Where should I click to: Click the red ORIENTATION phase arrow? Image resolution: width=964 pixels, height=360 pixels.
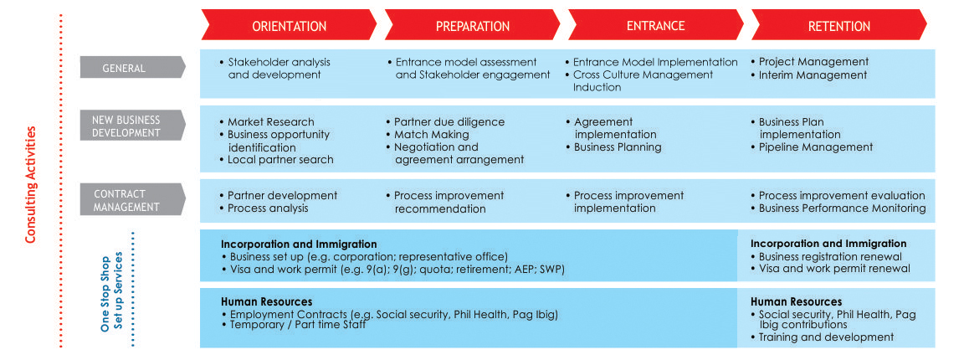289,26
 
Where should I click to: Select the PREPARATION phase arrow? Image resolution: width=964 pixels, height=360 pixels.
472,26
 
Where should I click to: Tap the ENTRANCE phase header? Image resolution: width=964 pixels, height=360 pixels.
655,26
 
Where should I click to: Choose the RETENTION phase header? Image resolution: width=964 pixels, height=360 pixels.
839,26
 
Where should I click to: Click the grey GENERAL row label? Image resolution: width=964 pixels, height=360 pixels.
132,68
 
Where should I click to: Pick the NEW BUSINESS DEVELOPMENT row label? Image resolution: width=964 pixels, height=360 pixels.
132,126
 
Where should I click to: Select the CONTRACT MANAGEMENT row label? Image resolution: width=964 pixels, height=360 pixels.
132,201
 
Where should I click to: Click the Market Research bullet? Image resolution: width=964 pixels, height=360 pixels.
267,122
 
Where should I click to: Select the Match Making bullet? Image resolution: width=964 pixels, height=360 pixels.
428,134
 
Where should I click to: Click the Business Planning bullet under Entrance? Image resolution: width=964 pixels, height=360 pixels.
613,147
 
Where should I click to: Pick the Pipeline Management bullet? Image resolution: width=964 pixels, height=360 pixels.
812,147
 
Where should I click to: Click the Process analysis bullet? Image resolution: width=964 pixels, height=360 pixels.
264,208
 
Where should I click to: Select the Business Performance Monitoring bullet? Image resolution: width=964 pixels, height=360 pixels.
838,208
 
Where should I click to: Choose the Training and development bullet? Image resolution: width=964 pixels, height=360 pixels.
822,337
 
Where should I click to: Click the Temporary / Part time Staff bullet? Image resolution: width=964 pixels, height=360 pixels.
293,324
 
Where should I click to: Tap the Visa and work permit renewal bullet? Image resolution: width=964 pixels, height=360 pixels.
830,268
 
